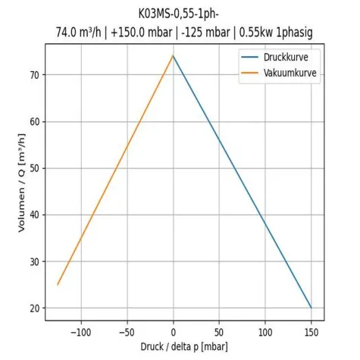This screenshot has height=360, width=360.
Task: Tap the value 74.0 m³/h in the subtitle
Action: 81,32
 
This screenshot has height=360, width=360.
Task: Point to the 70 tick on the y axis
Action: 34,74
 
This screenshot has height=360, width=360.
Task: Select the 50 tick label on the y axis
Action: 34,168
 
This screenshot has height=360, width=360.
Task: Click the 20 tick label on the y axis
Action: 34,308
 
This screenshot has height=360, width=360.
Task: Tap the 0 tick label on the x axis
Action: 174,332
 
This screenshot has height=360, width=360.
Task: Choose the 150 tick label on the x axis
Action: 311,332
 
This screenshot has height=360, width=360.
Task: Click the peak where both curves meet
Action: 174,55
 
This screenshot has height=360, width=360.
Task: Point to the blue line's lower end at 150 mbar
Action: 311,308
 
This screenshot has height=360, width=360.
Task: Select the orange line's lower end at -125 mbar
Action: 58,285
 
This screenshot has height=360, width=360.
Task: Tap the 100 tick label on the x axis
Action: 266,332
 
